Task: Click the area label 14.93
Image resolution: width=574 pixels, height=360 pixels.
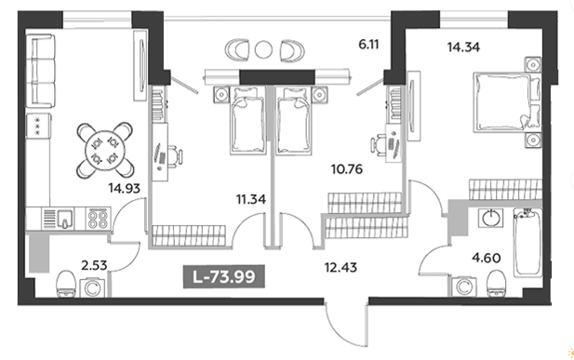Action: [x=124, y=188]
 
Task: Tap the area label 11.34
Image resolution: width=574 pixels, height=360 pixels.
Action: [x=251, y=200]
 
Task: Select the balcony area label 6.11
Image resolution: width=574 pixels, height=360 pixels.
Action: [x=368, y=45]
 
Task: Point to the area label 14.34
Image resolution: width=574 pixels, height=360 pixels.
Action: [x=463, y=47]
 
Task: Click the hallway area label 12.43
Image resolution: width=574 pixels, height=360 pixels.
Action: [x=340, y=267]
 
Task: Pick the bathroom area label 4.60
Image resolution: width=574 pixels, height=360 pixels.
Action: [x=487, y=258]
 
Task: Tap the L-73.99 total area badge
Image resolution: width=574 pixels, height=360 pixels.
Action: [x=223, y=276]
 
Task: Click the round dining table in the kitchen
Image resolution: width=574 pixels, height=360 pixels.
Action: [x=105, y=150]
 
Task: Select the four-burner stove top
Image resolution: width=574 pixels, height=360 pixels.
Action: [x=98, y=219]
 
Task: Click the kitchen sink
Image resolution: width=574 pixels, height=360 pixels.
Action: [x=65, y=219]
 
